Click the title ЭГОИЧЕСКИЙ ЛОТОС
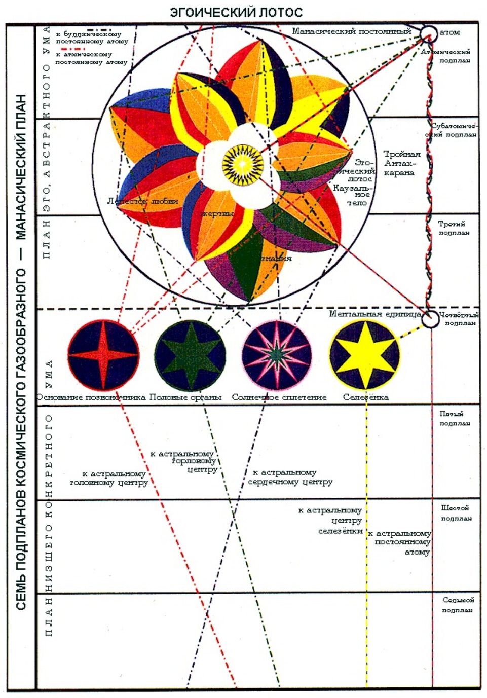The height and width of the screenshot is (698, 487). (x=236, y=12)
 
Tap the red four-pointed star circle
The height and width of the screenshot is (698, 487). (x=103, y=355)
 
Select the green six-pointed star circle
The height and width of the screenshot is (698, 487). (x=190, y=355)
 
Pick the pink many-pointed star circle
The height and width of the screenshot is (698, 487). (x=277, y=355)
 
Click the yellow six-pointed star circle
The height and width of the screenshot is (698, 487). (x=365, y=353)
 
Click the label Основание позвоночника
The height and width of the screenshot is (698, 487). (x=91, y=397)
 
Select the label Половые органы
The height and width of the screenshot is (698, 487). (x=185, y=397)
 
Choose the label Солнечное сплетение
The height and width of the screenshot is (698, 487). (x=279, y=397)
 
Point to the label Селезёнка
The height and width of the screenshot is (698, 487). (x=366, y=397)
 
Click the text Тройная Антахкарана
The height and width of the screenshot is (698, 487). (x=400, y=163)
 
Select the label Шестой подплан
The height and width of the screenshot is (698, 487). (x=455, y=513)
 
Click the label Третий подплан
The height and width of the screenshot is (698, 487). (x=453, y=228)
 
